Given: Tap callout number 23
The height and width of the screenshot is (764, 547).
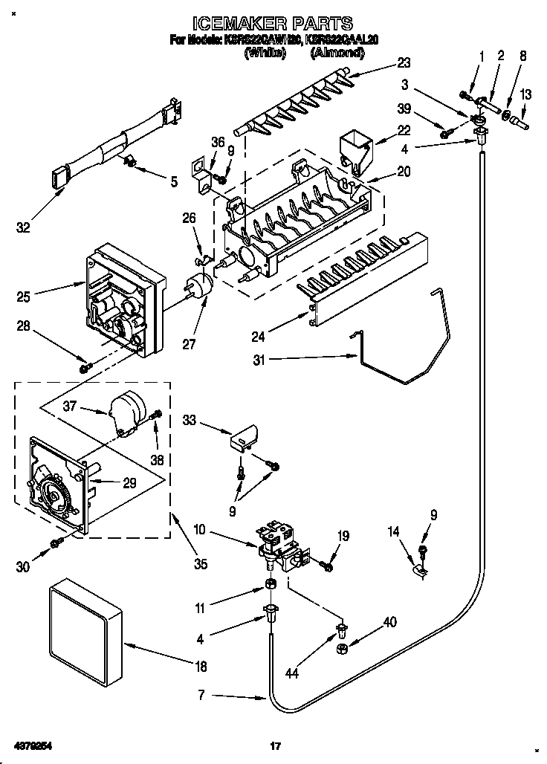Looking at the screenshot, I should pos(404,62).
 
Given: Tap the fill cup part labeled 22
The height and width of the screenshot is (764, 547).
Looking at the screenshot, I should pos(355,148).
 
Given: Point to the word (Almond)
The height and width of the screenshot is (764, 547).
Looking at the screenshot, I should pos(337,53).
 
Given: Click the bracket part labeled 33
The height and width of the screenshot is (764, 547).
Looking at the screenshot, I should pos(245,439).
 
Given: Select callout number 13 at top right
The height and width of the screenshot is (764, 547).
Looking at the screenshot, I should pos(526,94).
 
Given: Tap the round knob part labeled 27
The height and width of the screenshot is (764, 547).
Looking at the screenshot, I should pos(197,286).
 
